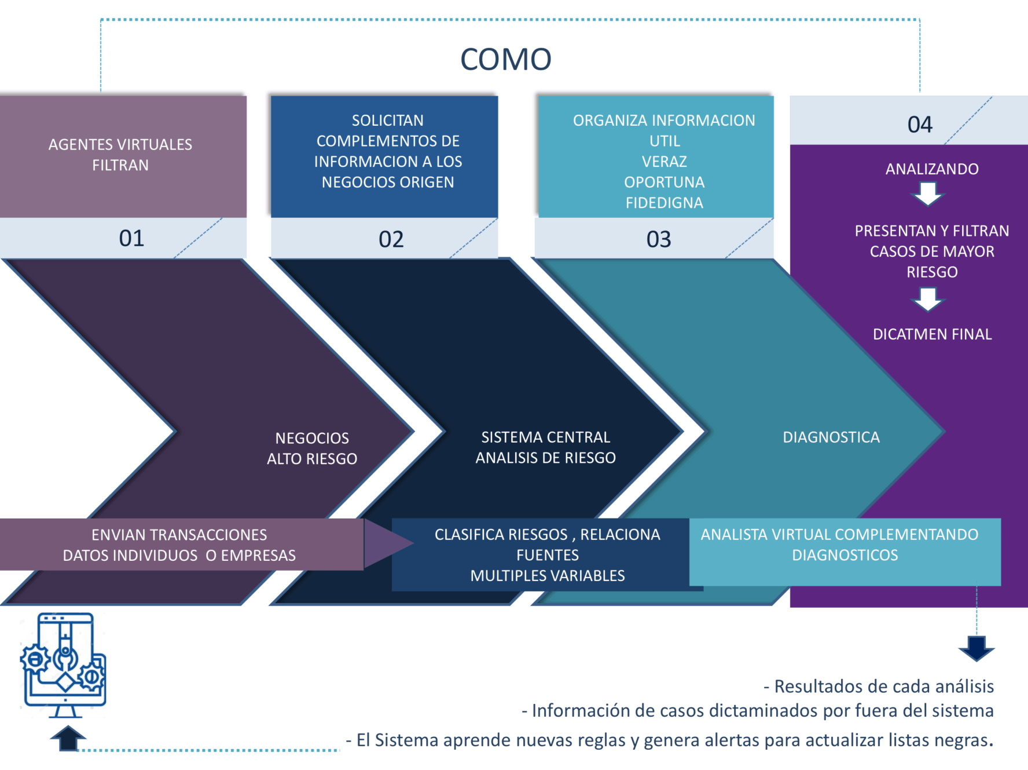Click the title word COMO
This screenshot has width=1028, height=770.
[x=505, y=59]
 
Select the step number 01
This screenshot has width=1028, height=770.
[x=131, y=238]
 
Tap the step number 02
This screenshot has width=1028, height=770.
[x=391, y=239]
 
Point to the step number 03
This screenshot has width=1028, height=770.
[x=658, y=239]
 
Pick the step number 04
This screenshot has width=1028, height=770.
[x=920, y=125]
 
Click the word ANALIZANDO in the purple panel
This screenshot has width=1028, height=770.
[x=932, y=169]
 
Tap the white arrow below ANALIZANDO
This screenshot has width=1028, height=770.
[x=928, y=194]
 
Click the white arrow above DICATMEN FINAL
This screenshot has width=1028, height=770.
[x=928, y=300]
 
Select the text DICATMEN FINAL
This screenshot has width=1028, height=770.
[x=932, y=334]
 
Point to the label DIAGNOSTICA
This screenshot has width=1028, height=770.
[x=831, y=437]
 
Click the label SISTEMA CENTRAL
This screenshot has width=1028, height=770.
[x=545, y=437]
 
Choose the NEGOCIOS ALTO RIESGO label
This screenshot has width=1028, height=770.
[x=312, y=448]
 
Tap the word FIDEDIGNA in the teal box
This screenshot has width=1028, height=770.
[x=664, y=203]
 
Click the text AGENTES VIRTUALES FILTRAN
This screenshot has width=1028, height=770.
[x=120, y=155]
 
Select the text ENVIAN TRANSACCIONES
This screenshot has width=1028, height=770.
[x=179, y=535]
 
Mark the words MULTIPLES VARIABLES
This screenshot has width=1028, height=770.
[x=548, y=576]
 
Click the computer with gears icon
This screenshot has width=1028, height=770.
[x=64, y=665]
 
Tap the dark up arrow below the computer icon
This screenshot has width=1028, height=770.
[x=68, y=738]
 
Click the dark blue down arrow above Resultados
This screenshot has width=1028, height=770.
[x=976, y=648]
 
